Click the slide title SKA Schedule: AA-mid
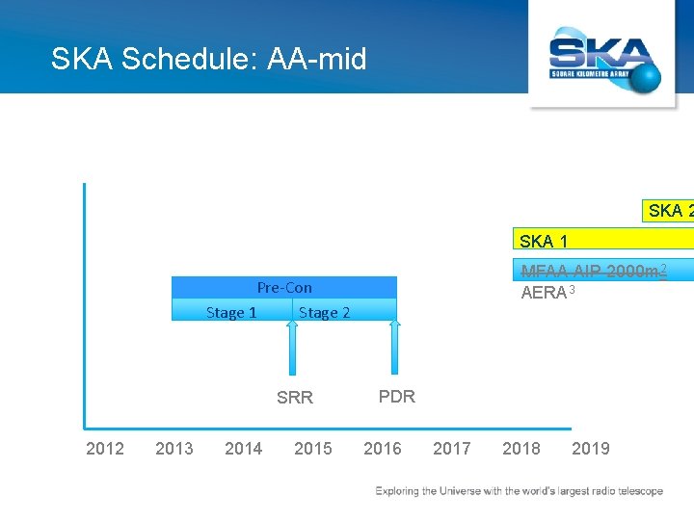209,60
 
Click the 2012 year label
105,448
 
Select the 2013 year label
174,448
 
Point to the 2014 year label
244,448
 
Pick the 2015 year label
313,448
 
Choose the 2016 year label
383,448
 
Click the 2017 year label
452,448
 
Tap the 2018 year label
521,448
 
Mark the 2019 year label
591,448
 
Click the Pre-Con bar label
284,287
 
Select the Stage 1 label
231,312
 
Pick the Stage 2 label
325,312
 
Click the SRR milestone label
295,398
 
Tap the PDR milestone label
397,396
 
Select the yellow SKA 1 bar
602,241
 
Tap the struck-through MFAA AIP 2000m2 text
594,271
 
